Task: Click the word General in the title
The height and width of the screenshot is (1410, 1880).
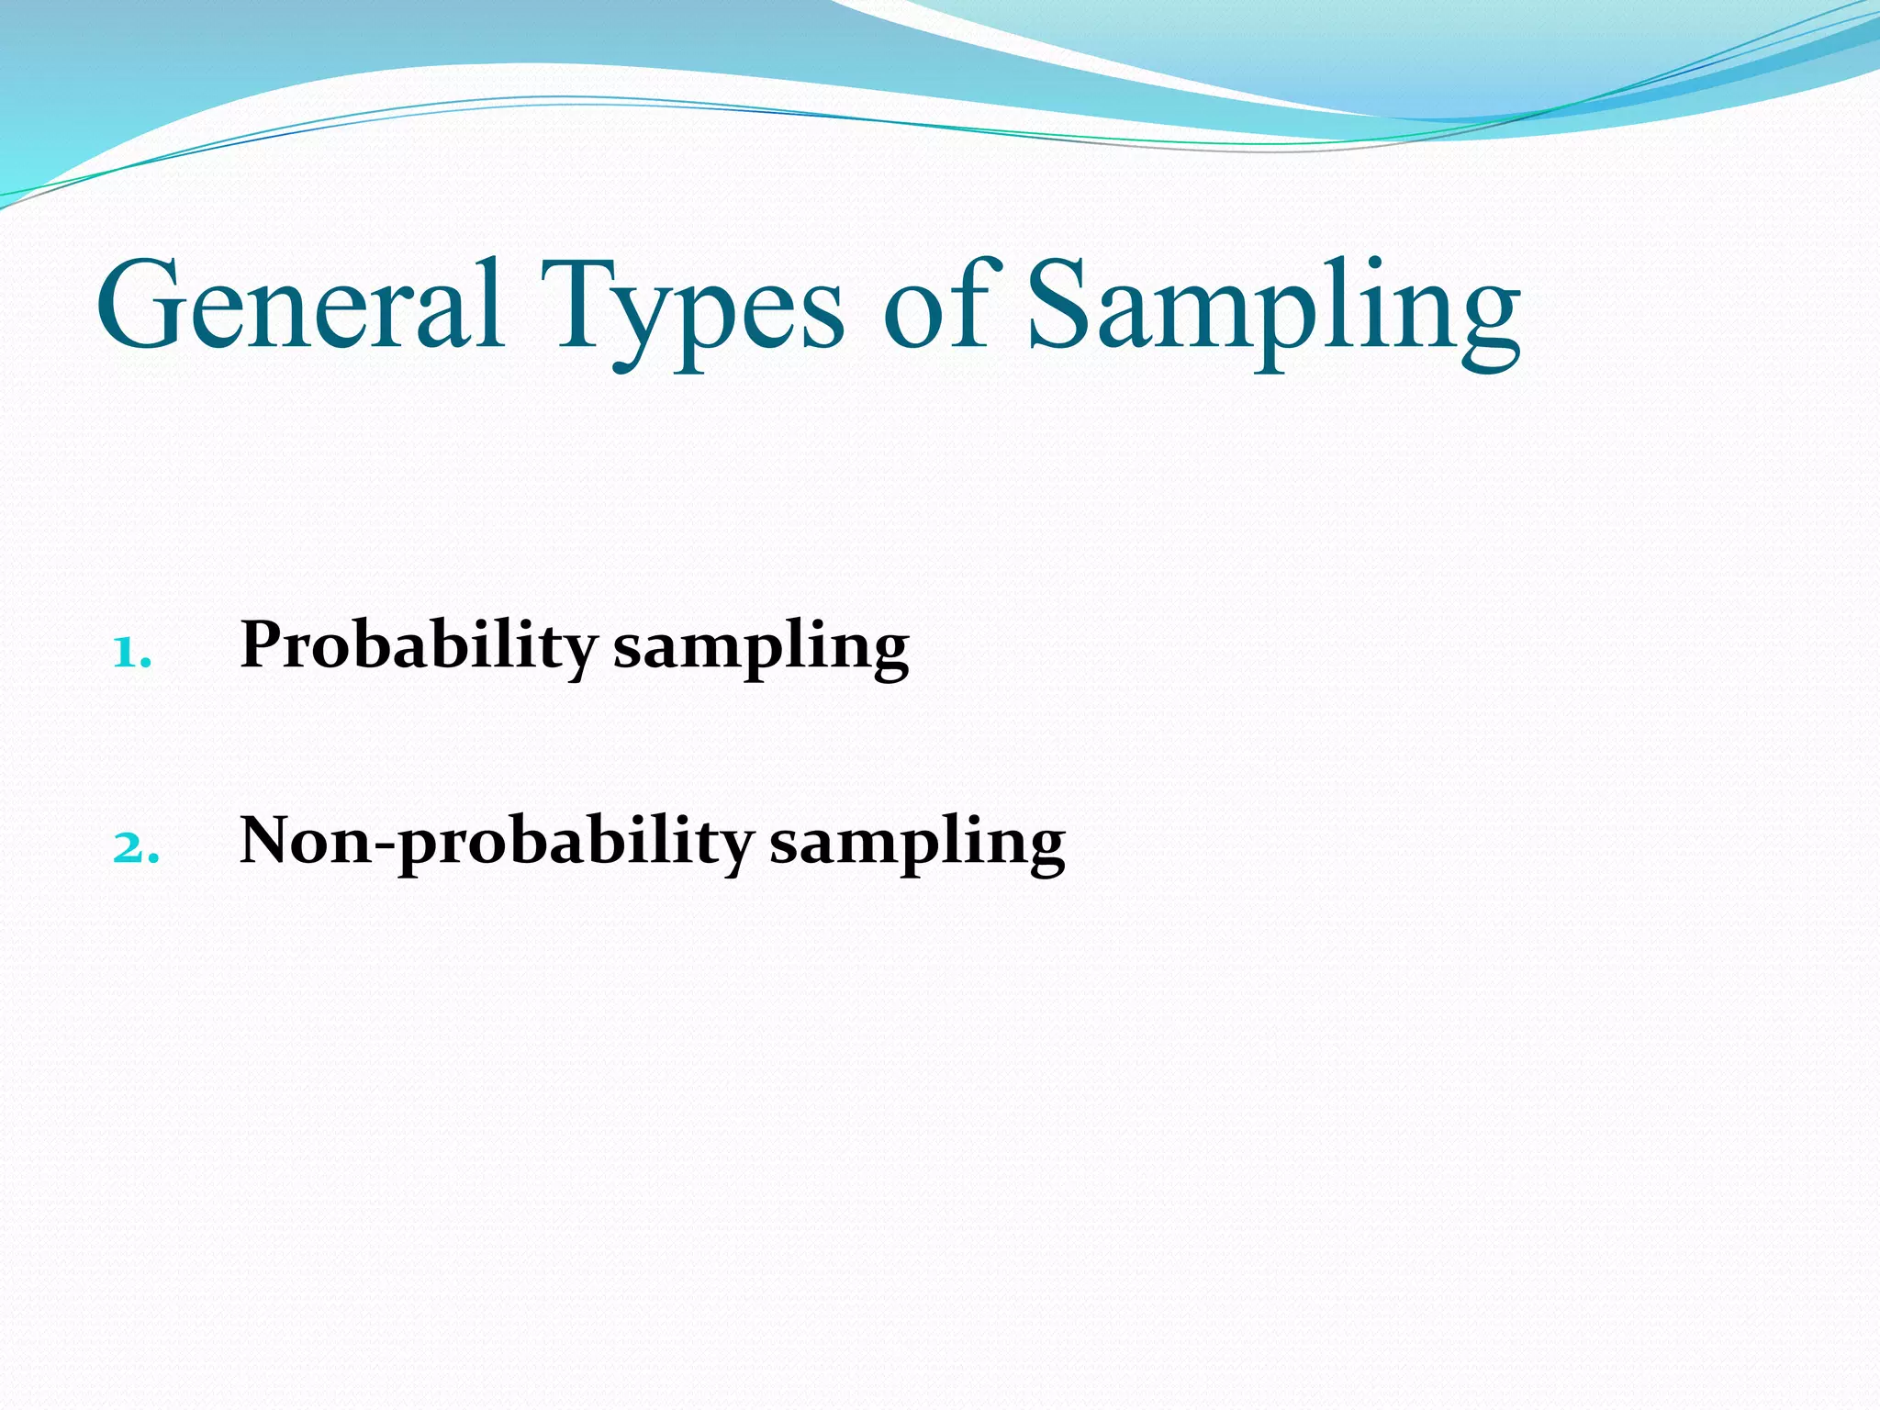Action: coord(300,305)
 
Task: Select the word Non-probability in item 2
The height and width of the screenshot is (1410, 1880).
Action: coord(496,843)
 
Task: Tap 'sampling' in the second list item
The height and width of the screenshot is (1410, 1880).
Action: coord(917,846)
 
